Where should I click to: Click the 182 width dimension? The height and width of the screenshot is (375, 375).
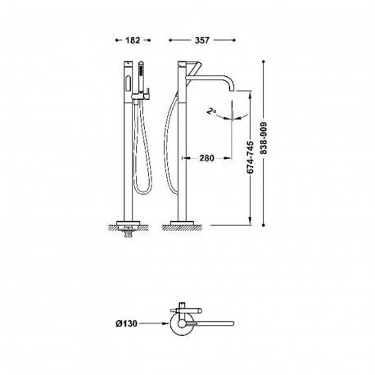pyautogui.click(x=133, y=40)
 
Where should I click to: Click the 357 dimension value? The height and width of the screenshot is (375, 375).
pyautogui.click(x=202, y=40)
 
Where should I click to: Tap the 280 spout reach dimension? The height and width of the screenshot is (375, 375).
pyautogui.click(x=206, y=158)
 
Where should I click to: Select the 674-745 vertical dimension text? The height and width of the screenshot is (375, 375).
pyautogui.click(x=250, y=157)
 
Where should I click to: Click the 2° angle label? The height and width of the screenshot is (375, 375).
pyautogui.click(x=210, y=111)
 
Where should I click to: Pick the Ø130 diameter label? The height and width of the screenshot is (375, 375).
pyautogui.click(x=126, y=323)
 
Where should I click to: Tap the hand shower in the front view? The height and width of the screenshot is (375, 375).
pyautogui.click(x=141, y=77)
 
